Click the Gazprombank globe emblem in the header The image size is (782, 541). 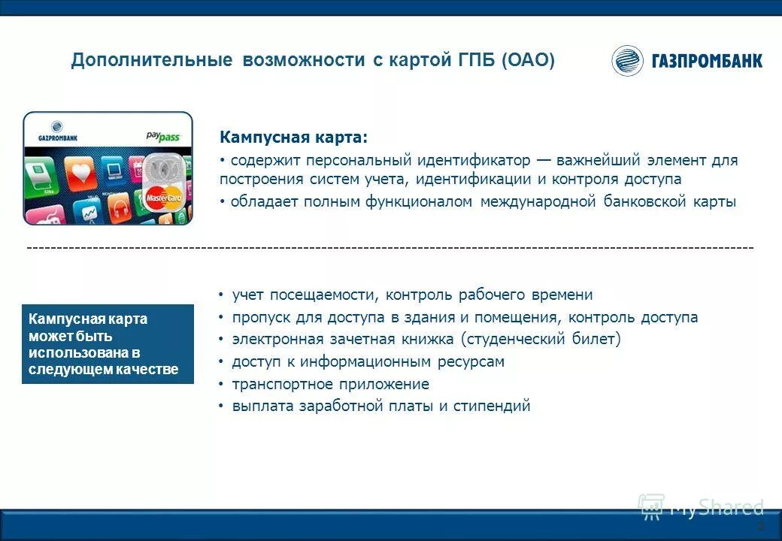click(x=627, y=61)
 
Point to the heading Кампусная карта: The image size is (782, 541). click(x=294, y=138)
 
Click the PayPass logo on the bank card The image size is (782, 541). click(x=163, y=137)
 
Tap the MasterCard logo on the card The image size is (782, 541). click(x=164, y=198)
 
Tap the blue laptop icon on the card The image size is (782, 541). click(x=114, y=171)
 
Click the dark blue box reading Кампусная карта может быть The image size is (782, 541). click(x=108, y=344)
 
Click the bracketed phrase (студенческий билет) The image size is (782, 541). click(x=541, y=340)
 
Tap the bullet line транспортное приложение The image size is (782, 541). click(x=330, y=384)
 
